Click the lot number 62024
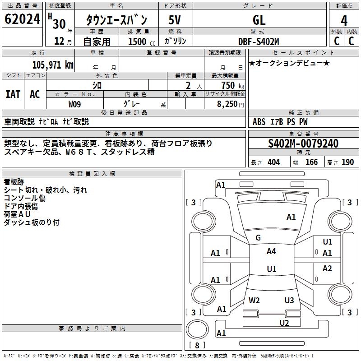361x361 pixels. [22, 19]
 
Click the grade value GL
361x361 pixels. [259, 20]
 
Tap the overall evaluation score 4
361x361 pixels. [344, 20]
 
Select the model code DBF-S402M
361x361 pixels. [259, 42]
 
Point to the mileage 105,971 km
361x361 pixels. [53, 65]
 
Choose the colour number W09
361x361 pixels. [74, 104]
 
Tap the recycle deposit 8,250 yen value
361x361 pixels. [231, 104]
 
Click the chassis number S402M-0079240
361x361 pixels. [303, 143]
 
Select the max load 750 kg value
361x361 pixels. [233, 85]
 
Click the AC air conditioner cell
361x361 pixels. [35, 94]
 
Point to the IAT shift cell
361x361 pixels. [13, 94]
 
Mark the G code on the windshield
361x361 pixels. [258, 238]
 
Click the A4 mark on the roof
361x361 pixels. [271, 251]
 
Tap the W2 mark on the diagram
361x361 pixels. [254, 301]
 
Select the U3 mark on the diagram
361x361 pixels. [289, 301]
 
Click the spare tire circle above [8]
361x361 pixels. [197, 329]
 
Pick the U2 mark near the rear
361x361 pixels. [284, 323]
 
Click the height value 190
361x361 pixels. [347, 162]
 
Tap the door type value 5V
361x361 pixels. [175, 20]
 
